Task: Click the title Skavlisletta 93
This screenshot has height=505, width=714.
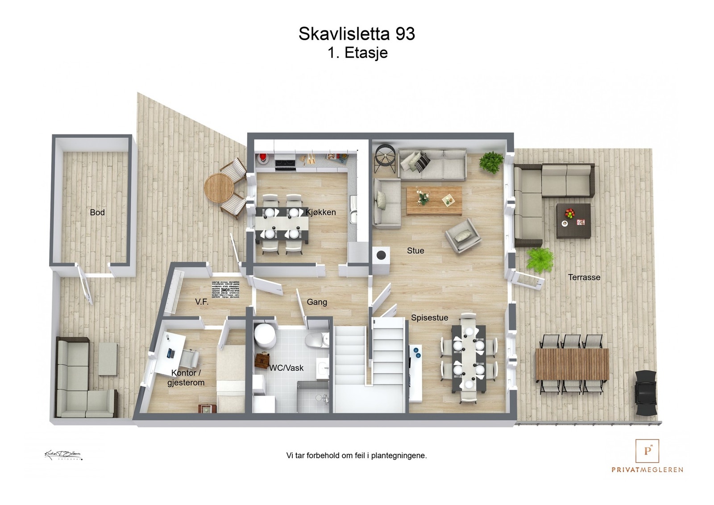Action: tap(357, 34)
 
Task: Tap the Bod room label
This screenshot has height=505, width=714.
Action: tap(97, 212)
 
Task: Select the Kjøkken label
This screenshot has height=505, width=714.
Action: tap(321, 212)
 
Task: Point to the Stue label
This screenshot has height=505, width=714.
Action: tap(415, 251)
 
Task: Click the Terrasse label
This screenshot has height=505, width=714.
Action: tap(584, 277)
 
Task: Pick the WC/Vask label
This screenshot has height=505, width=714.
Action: tap(286, 368)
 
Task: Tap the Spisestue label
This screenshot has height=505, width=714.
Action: tap(429, 318)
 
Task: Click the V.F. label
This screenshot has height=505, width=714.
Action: tap(202, 302)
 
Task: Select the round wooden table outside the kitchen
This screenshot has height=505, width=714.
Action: tap(219, 187)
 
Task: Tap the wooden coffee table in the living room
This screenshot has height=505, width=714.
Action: tap(434, 200)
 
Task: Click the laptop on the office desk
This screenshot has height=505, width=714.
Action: tap(170, 353)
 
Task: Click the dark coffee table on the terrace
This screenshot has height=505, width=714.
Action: tap(573, 220)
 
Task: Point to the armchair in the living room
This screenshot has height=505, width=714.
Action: tap(463, 236)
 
